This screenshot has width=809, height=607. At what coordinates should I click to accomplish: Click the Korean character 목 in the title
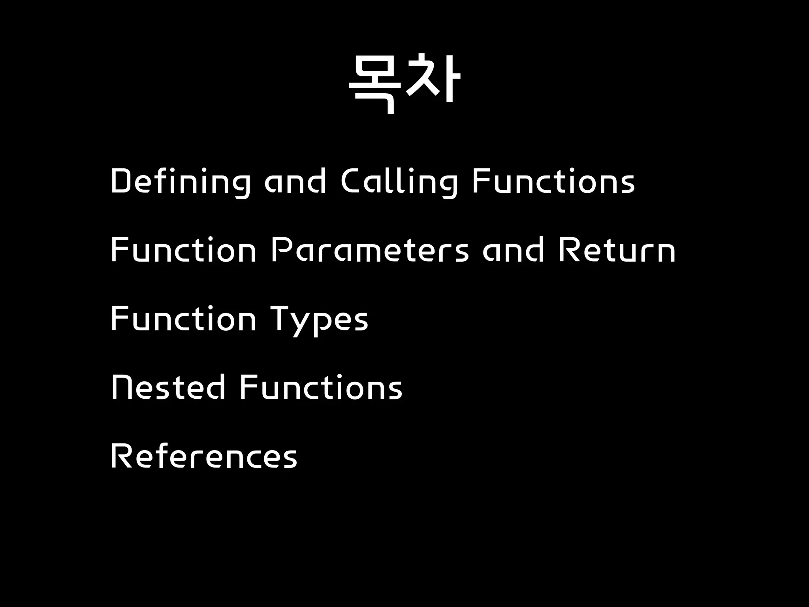(x=374, y=84)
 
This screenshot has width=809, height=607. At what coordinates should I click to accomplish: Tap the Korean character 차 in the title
(x=433, y=79)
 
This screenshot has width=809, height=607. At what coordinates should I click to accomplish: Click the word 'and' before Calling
(x=295, y=181)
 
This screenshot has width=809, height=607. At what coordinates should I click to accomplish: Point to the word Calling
(x=399, y=182)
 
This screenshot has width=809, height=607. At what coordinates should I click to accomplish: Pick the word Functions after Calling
(x=553, y=181)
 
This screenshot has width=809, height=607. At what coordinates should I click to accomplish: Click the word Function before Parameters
(x=184, y=250)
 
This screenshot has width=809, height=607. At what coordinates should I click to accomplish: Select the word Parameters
(x=370, y=250)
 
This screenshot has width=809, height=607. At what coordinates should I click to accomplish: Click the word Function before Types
(x=184, y=319)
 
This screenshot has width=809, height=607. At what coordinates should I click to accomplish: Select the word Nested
(x=168, y=387)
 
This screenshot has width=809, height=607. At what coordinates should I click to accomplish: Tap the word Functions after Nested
(x=321, y=387)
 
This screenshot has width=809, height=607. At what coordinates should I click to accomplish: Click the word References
(x=204, y=456)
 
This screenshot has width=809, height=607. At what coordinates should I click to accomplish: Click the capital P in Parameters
(x=280, y=250)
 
